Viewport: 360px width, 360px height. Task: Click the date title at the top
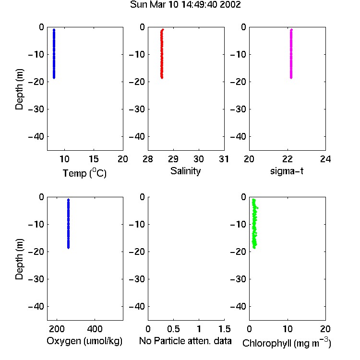pos(185,5)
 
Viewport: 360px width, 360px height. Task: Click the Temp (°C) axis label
pos(84,173)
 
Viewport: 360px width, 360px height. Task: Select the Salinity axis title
pos(185,171)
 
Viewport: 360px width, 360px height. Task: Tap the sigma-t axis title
pos(287,171)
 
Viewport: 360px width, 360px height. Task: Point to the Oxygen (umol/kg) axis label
pos(84,341)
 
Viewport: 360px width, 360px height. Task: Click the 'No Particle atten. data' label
pos(185,341)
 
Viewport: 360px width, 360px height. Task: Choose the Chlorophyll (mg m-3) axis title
pos(287,342)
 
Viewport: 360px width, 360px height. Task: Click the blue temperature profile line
pos(54,54)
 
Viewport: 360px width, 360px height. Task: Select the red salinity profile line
pos(162,54)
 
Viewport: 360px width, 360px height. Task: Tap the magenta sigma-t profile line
pos(291,54)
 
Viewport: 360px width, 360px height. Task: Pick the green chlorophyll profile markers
pos(254,224)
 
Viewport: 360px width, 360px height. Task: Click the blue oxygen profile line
pos(68,224)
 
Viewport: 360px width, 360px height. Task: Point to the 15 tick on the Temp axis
pos(94,159)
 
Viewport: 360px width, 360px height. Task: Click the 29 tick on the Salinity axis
pos(173,159)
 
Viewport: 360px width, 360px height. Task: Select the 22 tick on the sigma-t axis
pos(288,159)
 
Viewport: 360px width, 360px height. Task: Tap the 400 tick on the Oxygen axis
pos(95,329)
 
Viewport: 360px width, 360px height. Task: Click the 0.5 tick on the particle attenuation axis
pos(173,329)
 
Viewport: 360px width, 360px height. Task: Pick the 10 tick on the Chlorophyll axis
pos(288,329)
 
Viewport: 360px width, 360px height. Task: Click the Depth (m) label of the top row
pos(19,89)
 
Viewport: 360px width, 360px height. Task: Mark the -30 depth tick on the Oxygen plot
pos(36,279)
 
